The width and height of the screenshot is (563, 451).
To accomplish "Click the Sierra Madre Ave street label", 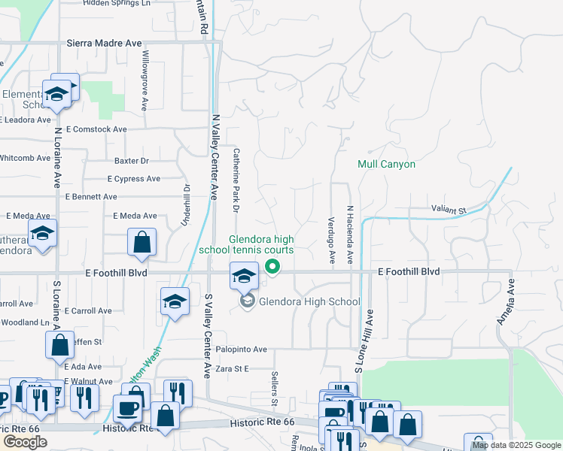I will pyautogui.click(x=104, y=43).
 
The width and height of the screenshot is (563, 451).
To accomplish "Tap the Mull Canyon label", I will pyautogui.click(x=386, y=164).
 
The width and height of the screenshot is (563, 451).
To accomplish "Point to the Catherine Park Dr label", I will pyautogui.click(x=236, y=178).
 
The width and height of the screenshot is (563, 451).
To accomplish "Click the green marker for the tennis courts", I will pyautogui.click(x=273, y=267).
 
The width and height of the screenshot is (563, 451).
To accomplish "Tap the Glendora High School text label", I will pyautogui.click(x=309, y=301).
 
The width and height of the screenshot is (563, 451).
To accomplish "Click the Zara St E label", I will pyautogui.click(x=232, y=369).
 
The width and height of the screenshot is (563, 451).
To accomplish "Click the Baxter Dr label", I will pyautogui.click(x=132, y=161).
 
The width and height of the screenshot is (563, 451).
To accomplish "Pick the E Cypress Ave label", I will pyautogui.click(x=133, y=179).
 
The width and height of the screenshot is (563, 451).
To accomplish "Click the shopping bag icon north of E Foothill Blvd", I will pyautogui.click(x=142, y=243).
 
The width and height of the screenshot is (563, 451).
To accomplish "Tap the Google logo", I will pyautogui.click(x=26, y=442).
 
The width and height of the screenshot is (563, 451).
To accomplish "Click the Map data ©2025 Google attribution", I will pyautogui.click(x=516, y=445).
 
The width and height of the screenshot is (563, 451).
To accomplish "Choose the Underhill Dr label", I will pyautogui.click(x=184, y=205).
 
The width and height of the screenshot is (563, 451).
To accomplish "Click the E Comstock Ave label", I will pyautogui.click(x=94, y=129).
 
